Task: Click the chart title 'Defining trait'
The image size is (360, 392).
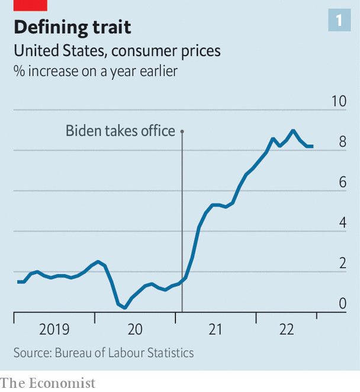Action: (72, 27)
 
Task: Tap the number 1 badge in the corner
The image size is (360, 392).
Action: (339, 21)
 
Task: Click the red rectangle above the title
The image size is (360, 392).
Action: (30, 5)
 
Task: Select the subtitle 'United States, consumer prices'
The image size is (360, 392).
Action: (117, 52)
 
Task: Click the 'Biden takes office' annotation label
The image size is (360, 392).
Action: (120, 131)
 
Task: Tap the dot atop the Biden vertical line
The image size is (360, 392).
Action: (182, 131)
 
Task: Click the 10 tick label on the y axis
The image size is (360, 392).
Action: (339, 101)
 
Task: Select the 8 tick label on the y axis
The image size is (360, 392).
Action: (342, 142)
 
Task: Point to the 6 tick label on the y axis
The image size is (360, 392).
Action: (342, 182)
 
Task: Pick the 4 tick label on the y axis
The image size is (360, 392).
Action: (342, 223)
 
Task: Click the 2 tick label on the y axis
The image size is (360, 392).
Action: (342, 264)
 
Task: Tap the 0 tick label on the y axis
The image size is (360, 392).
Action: (342, 304)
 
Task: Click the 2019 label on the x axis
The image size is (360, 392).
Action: (54, 330)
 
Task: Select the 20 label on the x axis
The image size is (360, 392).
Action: (135, 330)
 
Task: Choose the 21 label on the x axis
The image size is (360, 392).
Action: (215, 330)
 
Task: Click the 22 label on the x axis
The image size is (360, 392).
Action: (287, 330)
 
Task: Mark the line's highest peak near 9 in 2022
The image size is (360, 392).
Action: (292, 130)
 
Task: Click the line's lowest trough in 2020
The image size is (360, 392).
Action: (125, 307)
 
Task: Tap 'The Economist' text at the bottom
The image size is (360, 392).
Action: (47, 383)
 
